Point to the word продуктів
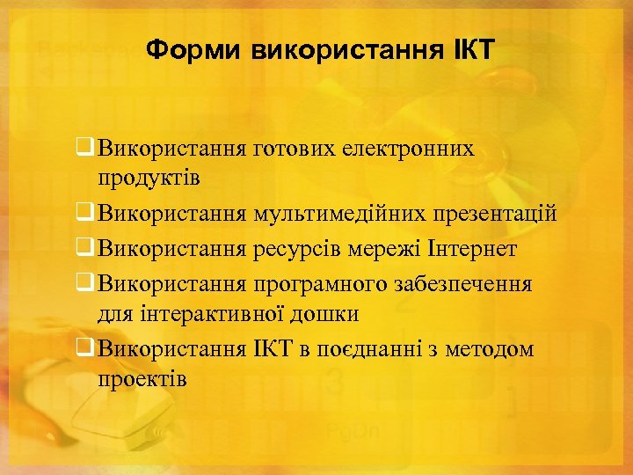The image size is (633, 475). pos(149,178)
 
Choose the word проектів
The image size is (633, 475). pos(142,378)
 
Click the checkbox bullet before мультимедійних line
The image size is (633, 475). pos(84,214)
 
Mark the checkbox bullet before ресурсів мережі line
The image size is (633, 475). pos(84,249)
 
